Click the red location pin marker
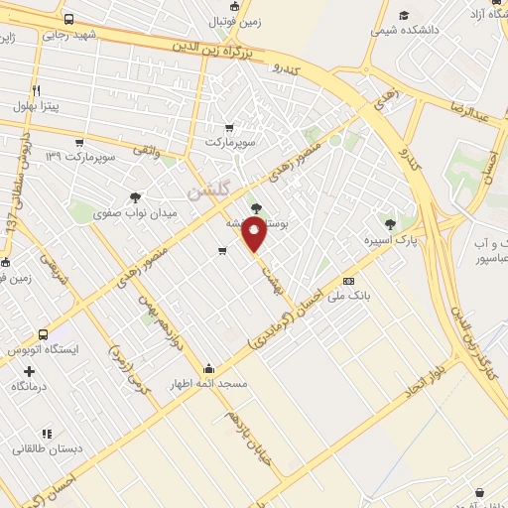(x=255, y=236)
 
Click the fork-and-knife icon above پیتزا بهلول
(x=36, y=88)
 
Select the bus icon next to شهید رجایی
(x=67, y=19)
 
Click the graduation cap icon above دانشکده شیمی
(x=403, y=16)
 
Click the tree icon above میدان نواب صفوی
(x=135, y=196)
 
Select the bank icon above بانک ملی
(x=348, y=281)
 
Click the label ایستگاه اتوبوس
(x=44, y=351)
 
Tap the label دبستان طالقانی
(x=47, y=449)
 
